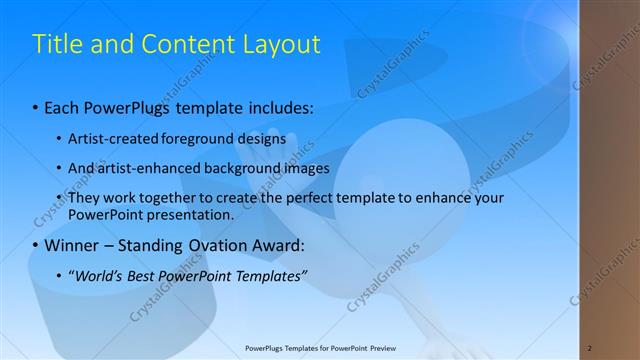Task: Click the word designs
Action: click(262, 138)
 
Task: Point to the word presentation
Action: click(190, 214)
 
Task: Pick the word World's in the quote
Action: click(101, 276)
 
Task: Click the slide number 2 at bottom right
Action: click(590, 347)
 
